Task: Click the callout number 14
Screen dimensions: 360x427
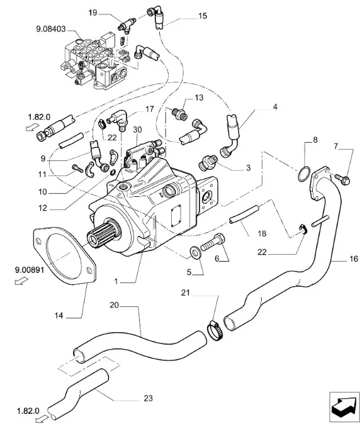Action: [x=59, y=316]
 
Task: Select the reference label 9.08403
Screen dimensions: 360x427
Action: [x=51, y=29]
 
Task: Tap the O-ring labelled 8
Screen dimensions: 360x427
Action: [x=304, y=174]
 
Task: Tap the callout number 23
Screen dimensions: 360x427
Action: [x=149, y=399]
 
